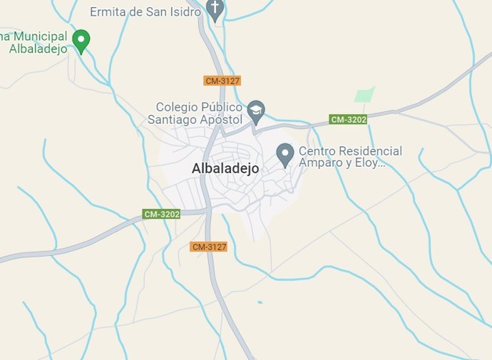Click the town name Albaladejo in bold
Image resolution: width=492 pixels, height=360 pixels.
tap(225, 169)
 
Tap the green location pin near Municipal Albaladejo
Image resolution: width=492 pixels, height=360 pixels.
tap(82, 41)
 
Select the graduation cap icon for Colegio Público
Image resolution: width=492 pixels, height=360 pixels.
tap(256, 110)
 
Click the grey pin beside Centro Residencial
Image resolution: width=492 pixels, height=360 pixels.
tap(285, 154)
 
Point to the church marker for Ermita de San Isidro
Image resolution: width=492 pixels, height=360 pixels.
tap(215, 9)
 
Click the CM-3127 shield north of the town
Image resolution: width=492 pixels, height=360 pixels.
tap(222, 81)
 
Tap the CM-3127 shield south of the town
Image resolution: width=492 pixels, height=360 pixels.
tap(209, 247)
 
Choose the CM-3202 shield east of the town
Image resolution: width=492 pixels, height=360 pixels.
tap(348, 119)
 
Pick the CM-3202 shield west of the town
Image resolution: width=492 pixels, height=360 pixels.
tap(162, 214)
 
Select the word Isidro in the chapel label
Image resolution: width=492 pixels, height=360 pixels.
tap(184, 11)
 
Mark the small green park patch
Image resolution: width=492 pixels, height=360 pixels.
tap(364, 94)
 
